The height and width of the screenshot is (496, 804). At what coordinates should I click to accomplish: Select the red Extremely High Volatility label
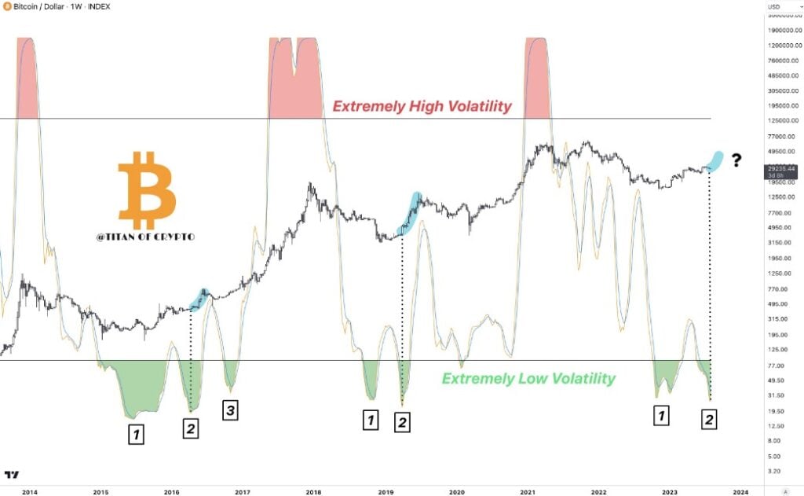(422, 106)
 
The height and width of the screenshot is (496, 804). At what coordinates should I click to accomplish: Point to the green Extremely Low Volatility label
(528, 379)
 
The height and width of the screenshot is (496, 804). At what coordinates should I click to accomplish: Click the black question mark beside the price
(736, 161)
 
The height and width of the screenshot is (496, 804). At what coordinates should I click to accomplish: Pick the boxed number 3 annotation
(230, 410)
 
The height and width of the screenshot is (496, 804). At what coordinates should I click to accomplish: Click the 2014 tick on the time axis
(30, 490)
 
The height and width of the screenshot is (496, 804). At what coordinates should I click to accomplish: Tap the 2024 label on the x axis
(740, 490)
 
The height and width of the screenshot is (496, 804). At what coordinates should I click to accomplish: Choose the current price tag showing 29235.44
(782, 171)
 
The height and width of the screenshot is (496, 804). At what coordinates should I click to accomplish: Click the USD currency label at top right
(774, 6)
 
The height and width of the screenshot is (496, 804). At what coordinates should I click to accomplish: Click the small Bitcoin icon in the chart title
(7, 6)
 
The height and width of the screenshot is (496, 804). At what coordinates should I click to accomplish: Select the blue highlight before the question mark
(715, 160)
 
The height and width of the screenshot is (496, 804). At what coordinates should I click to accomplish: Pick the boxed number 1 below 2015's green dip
(136, 434)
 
